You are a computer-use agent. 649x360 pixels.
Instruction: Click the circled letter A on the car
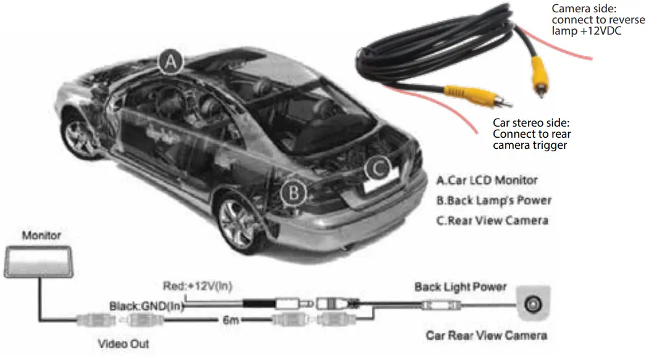tap(171, 62)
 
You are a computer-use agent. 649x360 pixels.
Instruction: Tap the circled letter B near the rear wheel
tap(294, 193)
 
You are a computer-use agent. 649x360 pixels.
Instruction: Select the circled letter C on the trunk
tap(379, 167)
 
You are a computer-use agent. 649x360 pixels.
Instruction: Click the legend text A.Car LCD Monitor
tap(487, 180)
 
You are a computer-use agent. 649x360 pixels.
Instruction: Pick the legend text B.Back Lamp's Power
tap(493, 200)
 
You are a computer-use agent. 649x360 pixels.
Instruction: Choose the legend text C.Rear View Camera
tap(492, 220)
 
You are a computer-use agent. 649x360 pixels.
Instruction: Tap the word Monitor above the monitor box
tap(41, 235)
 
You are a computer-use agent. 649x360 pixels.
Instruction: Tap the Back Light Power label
tap(460, 287)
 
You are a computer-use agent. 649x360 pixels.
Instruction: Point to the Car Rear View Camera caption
tap(486, 335)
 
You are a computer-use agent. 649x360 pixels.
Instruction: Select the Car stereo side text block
tap(532, 134)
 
